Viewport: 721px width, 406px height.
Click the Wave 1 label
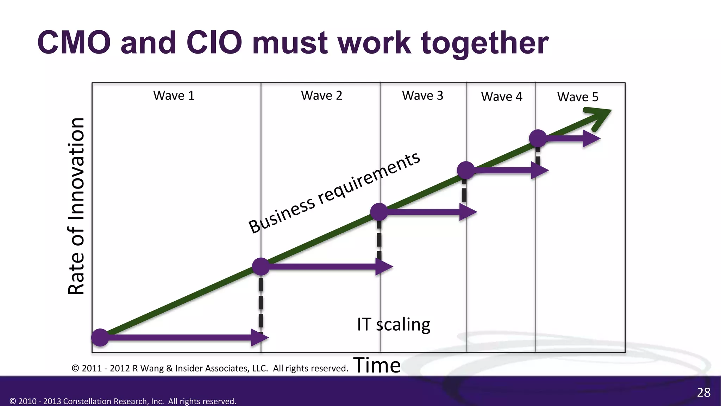(174, 96)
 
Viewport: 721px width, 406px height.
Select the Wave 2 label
(321, 96)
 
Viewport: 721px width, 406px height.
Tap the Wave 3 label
(422, 96)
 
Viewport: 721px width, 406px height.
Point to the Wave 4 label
(502, 97)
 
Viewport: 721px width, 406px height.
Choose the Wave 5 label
(578, 97)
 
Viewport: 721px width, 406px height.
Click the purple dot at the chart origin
(100, 337)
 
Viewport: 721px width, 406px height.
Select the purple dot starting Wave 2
(261, 266)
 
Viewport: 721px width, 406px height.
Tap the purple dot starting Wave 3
(379, 212)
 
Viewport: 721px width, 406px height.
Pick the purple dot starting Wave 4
(466, 170)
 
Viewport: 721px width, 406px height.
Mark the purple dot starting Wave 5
(538, 138)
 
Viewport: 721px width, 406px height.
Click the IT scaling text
(394, 324)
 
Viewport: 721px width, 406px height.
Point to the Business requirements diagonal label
(334, 193)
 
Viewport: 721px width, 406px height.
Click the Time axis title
(377, 365)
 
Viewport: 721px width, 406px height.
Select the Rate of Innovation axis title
(76, 206)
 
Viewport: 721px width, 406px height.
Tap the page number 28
(703, 392)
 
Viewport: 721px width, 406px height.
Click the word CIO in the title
(214, 43)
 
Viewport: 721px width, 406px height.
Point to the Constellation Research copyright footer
(123, 401)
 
